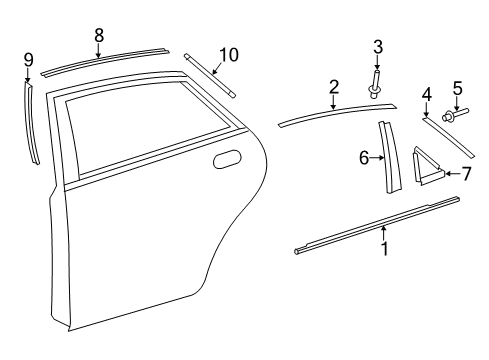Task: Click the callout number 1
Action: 384,248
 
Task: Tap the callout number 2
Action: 333,86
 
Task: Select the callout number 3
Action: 378,46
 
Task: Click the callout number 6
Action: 365,157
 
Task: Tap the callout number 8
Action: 98,35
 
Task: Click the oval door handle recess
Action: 227,159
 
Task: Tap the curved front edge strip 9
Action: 33,125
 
